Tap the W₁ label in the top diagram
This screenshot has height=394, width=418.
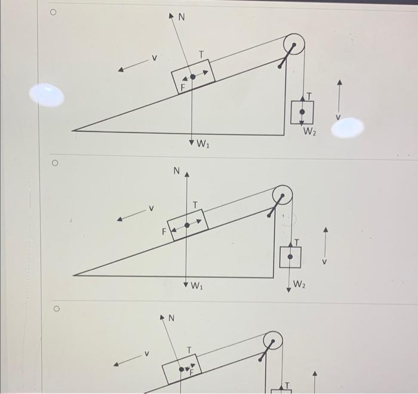(x=204, y=144)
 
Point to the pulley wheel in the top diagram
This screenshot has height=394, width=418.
(x=294, y=44)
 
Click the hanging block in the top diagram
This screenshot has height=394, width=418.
(x=302, y=112)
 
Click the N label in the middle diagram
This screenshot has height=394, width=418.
(x=177, y=171)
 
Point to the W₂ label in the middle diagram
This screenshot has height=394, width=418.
(x=299, y=285)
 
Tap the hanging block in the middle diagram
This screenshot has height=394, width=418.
(x=290, y=257)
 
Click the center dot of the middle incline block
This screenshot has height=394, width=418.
(x=187, y=225)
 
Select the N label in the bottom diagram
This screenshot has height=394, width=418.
(x=171, y=319)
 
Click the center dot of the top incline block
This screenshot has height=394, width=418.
(x=192, y=76)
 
